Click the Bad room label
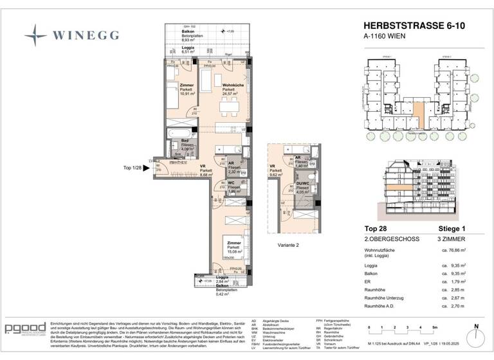click(184, 140)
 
